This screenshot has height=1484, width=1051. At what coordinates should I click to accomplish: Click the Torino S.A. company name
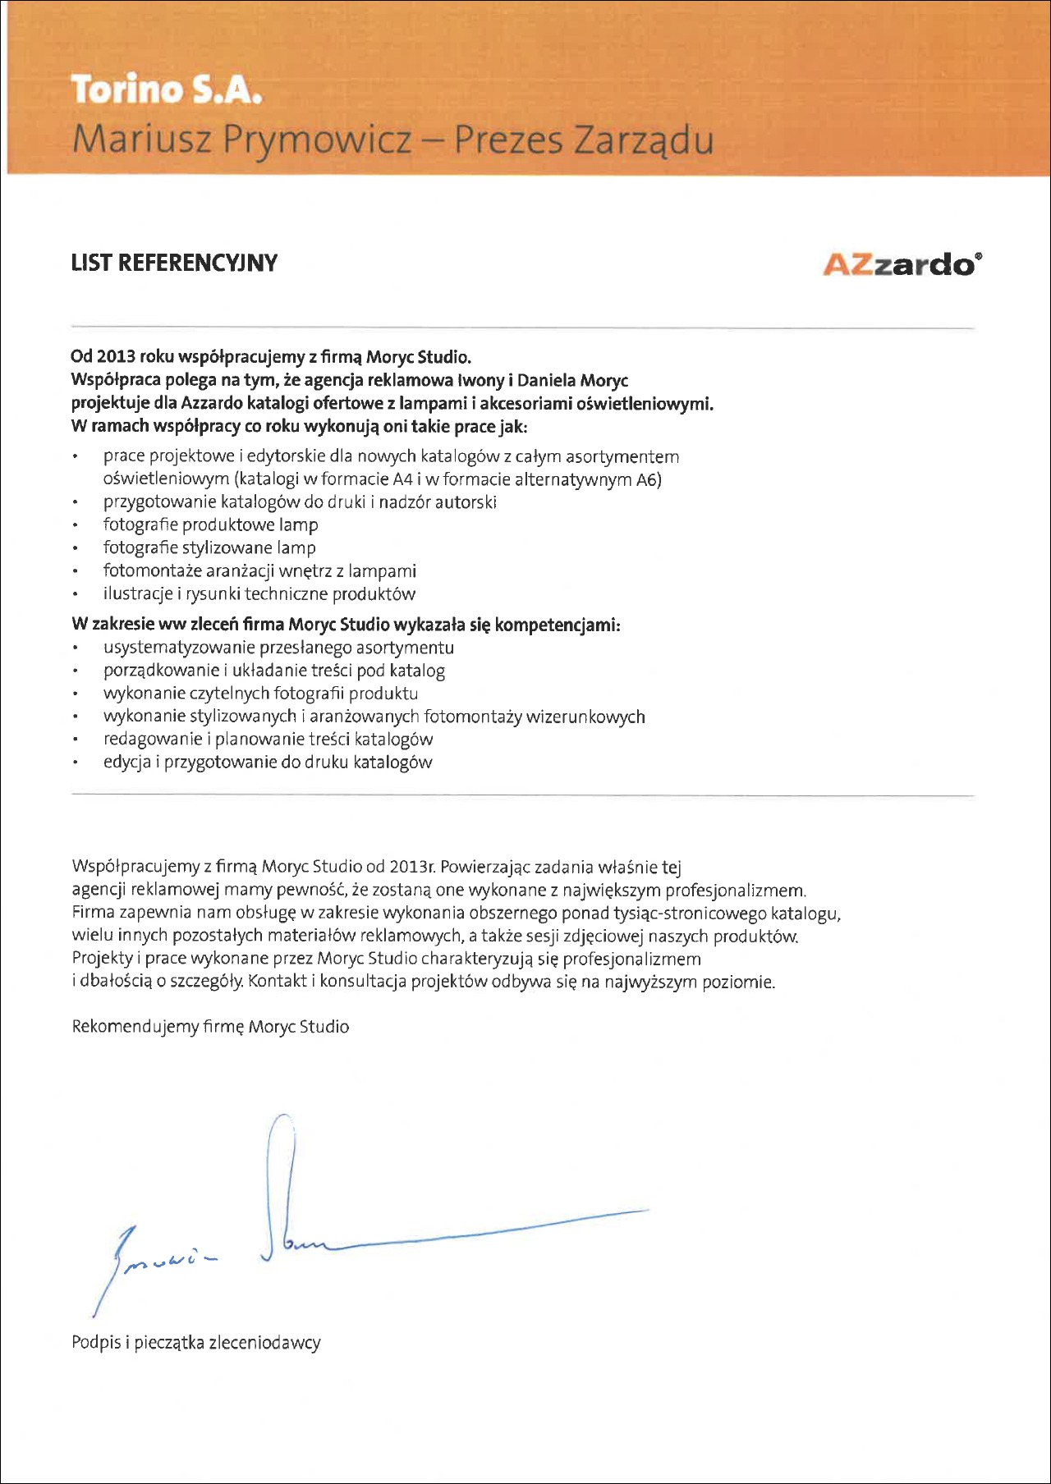pyautogui.click(x=166, y=89)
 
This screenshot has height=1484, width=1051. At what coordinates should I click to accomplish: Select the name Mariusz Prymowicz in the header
pyautogui.click(x=241, y=140)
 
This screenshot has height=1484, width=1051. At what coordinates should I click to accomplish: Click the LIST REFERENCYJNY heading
pyautogui.click(x=174, y=263)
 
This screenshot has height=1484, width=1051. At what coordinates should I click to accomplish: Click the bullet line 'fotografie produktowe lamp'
pyautogui.click(x=210, y=525)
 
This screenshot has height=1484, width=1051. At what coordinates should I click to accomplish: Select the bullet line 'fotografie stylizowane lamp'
pyautogui.click(x=209, y=548)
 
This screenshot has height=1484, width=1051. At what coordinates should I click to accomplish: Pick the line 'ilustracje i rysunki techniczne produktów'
pyautogui.click(x=259, y=594)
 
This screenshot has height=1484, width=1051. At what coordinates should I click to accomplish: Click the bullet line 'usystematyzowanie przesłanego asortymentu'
pyautogui.click(x=278, y=648)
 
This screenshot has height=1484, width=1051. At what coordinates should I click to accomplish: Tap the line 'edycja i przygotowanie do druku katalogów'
pyautogui.click(x=268, y=763)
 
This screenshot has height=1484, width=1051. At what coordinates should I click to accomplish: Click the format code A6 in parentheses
pyautogui.click(x=648, y=480)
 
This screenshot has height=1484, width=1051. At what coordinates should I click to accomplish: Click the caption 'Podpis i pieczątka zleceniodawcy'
pyautogui.click(x=195, y=1344)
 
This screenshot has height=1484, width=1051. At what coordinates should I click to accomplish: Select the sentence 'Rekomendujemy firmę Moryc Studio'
pyautogui.click(x=210, y=1027)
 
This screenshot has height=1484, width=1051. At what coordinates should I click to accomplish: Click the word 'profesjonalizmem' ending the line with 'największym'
pyautogui.click(x=735, y=891)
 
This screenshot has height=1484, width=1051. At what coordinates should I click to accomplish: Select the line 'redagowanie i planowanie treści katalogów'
pyautogui.click(x=268, y=740)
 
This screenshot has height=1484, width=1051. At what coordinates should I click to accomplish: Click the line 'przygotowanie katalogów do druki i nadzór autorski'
pyautogui.click(x=300, y=502)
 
